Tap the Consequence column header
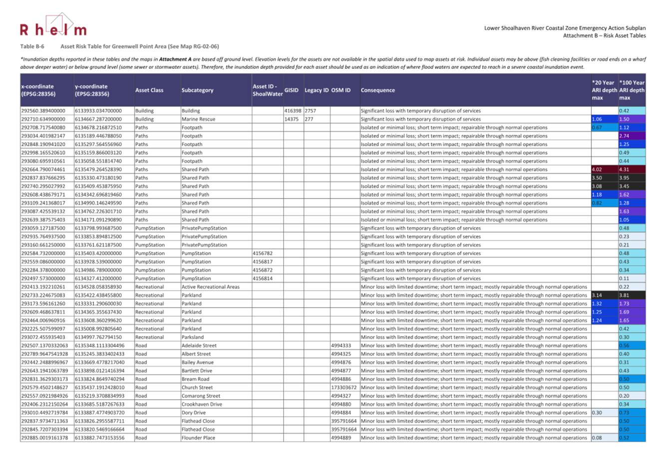(x=377, y=90)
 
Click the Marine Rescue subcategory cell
(x=198, y=119)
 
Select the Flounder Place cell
(x=198, y=438)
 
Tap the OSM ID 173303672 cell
(x=343, y=388)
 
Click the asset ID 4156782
(x=263, y=253)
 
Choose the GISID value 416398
(x=293, y=111)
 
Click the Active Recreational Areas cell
(x=210, y=287)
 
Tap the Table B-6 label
(x=32, y=46)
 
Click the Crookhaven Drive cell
(x=202, y=404)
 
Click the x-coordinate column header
(x=37, y=90)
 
